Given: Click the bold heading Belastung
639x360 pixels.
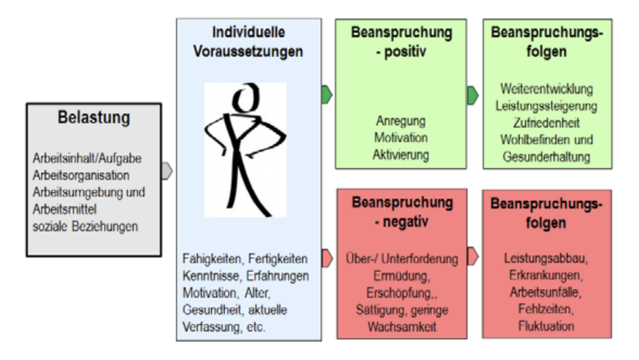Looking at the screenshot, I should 94,117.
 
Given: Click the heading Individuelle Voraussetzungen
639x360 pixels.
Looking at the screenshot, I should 248,42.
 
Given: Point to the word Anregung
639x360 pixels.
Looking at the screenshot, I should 401,120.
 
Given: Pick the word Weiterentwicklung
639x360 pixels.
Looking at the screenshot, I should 547,89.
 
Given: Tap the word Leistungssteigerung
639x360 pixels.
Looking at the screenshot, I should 547,106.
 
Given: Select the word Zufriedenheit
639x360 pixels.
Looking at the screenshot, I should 547,123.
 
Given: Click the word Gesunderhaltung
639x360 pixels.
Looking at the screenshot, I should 547,157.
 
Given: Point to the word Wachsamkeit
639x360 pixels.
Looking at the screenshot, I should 401,326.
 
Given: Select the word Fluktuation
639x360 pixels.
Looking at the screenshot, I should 546,326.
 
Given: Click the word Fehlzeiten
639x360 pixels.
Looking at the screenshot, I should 546,309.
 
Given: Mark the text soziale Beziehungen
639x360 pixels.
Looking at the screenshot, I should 85,226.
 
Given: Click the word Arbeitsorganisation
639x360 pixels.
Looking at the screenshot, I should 81,175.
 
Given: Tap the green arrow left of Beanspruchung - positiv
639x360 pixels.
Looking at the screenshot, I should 327,95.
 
